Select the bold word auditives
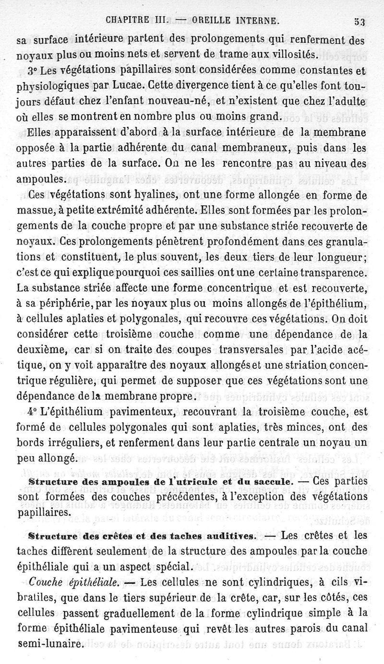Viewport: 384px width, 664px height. pos(227,534)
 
